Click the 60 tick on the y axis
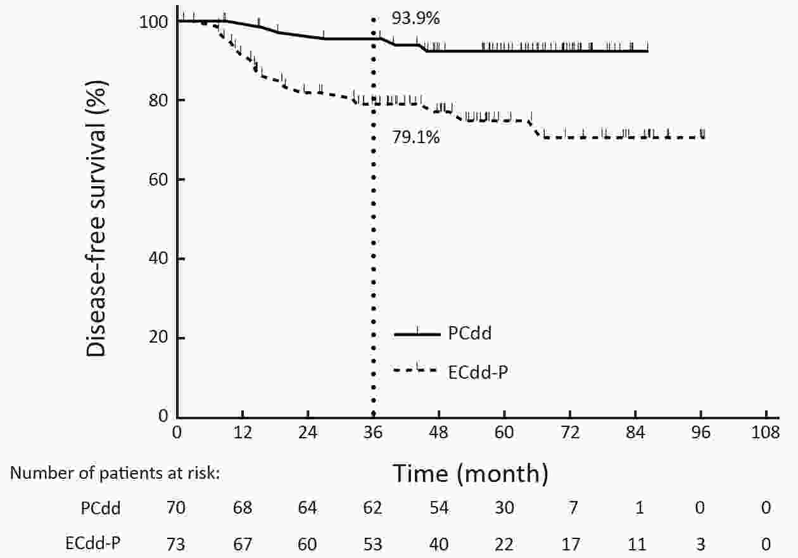tap(159, 179)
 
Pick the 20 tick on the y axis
tap(159, 338)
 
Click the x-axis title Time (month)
tap(471, 472)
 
